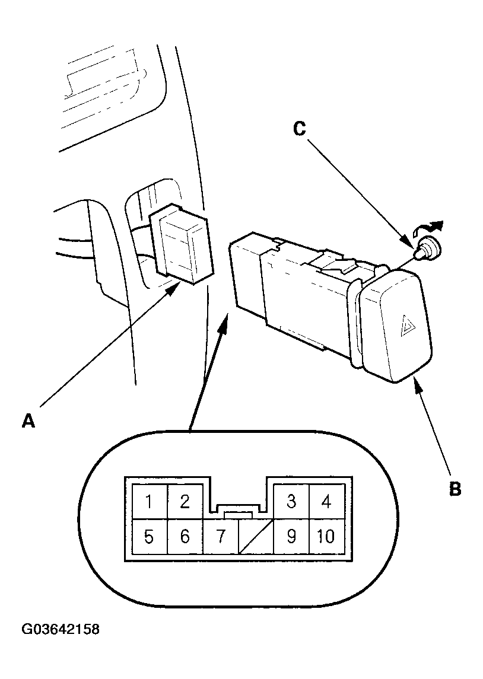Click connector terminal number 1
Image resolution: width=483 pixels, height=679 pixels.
point(150,502)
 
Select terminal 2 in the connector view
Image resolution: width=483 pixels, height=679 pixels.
point(185,502)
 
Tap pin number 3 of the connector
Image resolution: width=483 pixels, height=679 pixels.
point(291,502)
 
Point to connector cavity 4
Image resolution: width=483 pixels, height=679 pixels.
point(326,502)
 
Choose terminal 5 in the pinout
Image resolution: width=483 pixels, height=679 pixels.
point(150,537)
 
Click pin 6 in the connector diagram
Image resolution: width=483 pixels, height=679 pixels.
point(185,537)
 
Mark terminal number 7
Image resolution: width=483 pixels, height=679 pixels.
point(221,537)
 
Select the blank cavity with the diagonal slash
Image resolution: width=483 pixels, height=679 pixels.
point(256,537)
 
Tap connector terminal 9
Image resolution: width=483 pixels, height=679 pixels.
point(291,537)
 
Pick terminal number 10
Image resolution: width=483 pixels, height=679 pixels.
point(326,537)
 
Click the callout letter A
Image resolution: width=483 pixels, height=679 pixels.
point(28,420)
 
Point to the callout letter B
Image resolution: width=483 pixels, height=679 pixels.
point(455,489)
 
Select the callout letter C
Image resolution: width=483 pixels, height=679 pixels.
point(299,129)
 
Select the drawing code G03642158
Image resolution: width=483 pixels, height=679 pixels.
point(61,629)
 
